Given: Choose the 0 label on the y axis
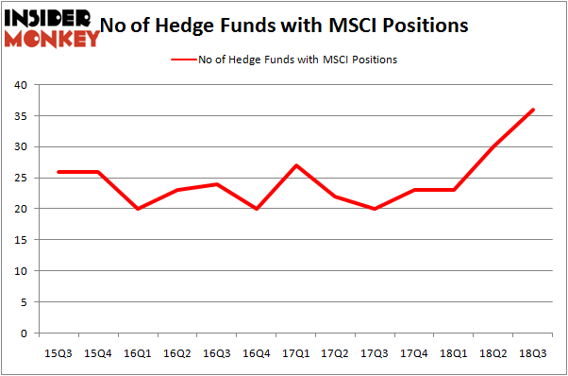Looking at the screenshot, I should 25,333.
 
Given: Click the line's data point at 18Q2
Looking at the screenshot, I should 492,146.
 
